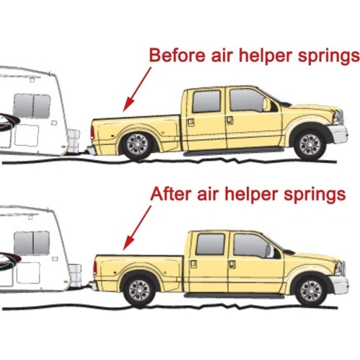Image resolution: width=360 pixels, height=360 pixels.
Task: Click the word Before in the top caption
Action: point(177,55)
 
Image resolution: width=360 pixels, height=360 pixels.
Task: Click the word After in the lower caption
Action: point(171,194)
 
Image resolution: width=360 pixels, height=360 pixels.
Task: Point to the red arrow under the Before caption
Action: point(137,89)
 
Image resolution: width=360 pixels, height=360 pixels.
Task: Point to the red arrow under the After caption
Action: point(137,228)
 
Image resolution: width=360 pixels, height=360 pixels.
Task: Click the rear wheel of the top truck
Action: point(138,145)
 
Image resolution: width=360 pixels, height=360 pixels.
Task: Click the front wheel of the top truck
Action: point(310,145)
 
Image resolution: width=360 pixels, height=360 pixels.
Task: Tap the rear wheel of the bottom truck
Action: point(139,290)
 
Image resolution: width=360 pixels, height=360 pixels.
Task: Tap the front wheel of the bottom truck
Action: point(311,290)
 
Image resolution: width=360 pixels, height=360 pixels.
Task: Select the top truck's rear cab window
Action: point(206,102)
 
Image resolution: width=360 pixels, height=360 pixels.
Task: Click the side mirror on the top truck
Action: point(266,105)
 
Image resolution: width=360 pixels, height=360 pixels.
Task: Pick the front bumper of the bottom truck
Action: point(340,284)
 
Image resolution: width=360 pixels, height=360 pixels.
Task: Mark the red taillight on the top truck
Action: point(92,132)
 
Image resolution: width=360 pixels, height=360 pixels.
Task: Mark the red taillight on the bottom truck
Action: point(95,268)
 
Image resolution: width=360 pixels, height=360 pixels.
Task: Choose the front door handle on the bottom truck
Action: point(232,264)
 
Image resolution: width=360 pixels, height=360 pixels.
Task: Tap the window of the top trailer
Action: point(32,105)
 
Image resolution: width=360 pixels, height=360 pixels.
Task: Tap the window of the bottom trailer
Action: point(32,243)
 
